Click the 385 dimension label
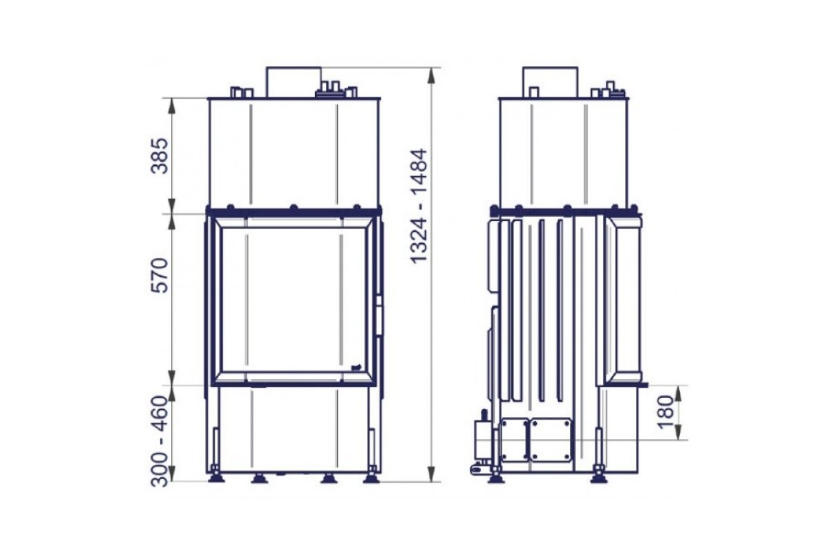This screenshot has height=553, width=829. coord(160,156)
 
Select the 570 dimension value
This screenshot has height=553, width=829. coord(160,275)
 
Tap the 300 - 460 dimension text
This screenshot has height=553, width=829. coord(160,441)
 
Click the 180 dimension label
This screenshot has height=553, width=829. coord(667,412)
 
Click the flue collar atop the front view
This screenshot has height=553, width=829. coord(294,82)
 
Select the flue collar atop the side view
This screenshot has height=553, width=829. coord(550,82)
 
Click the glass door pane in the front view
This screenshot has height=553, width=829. coord(294,301)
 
